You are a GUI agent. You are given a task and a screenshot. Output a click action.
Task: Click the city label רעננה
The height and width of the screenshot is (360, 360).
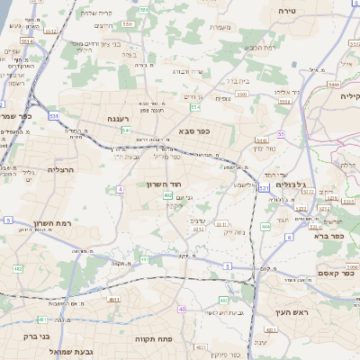tap(118, 118)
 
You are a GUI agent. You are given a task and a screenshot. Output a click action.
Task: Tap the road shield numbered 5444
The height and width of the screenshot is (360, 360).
tap(334, 84)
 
